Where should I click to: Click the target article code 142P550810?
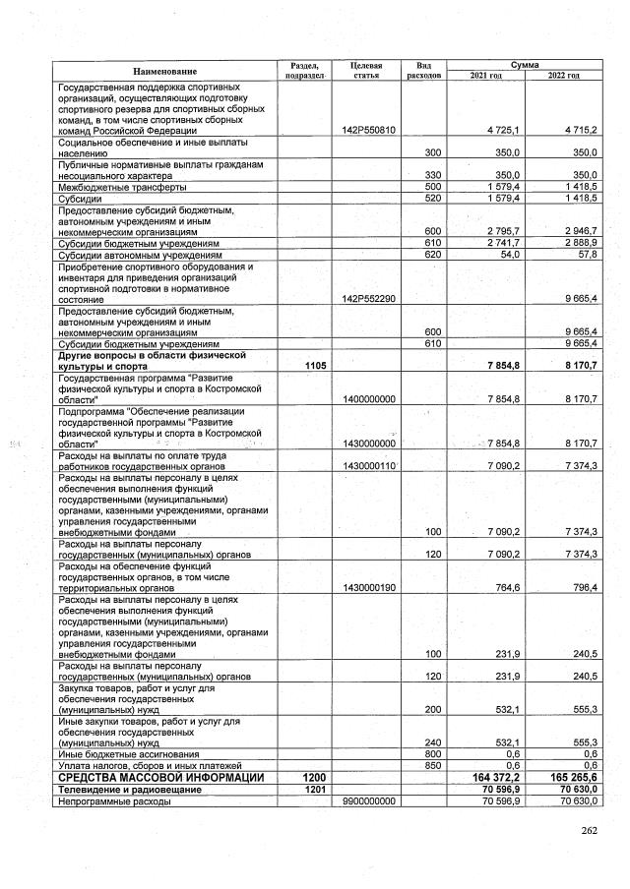click(367, 131)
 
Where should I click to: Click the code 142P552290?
click(367, 299)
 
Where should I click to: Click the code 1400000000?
click(367, 398)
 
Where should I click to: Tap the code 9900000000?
click(367, 800)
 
